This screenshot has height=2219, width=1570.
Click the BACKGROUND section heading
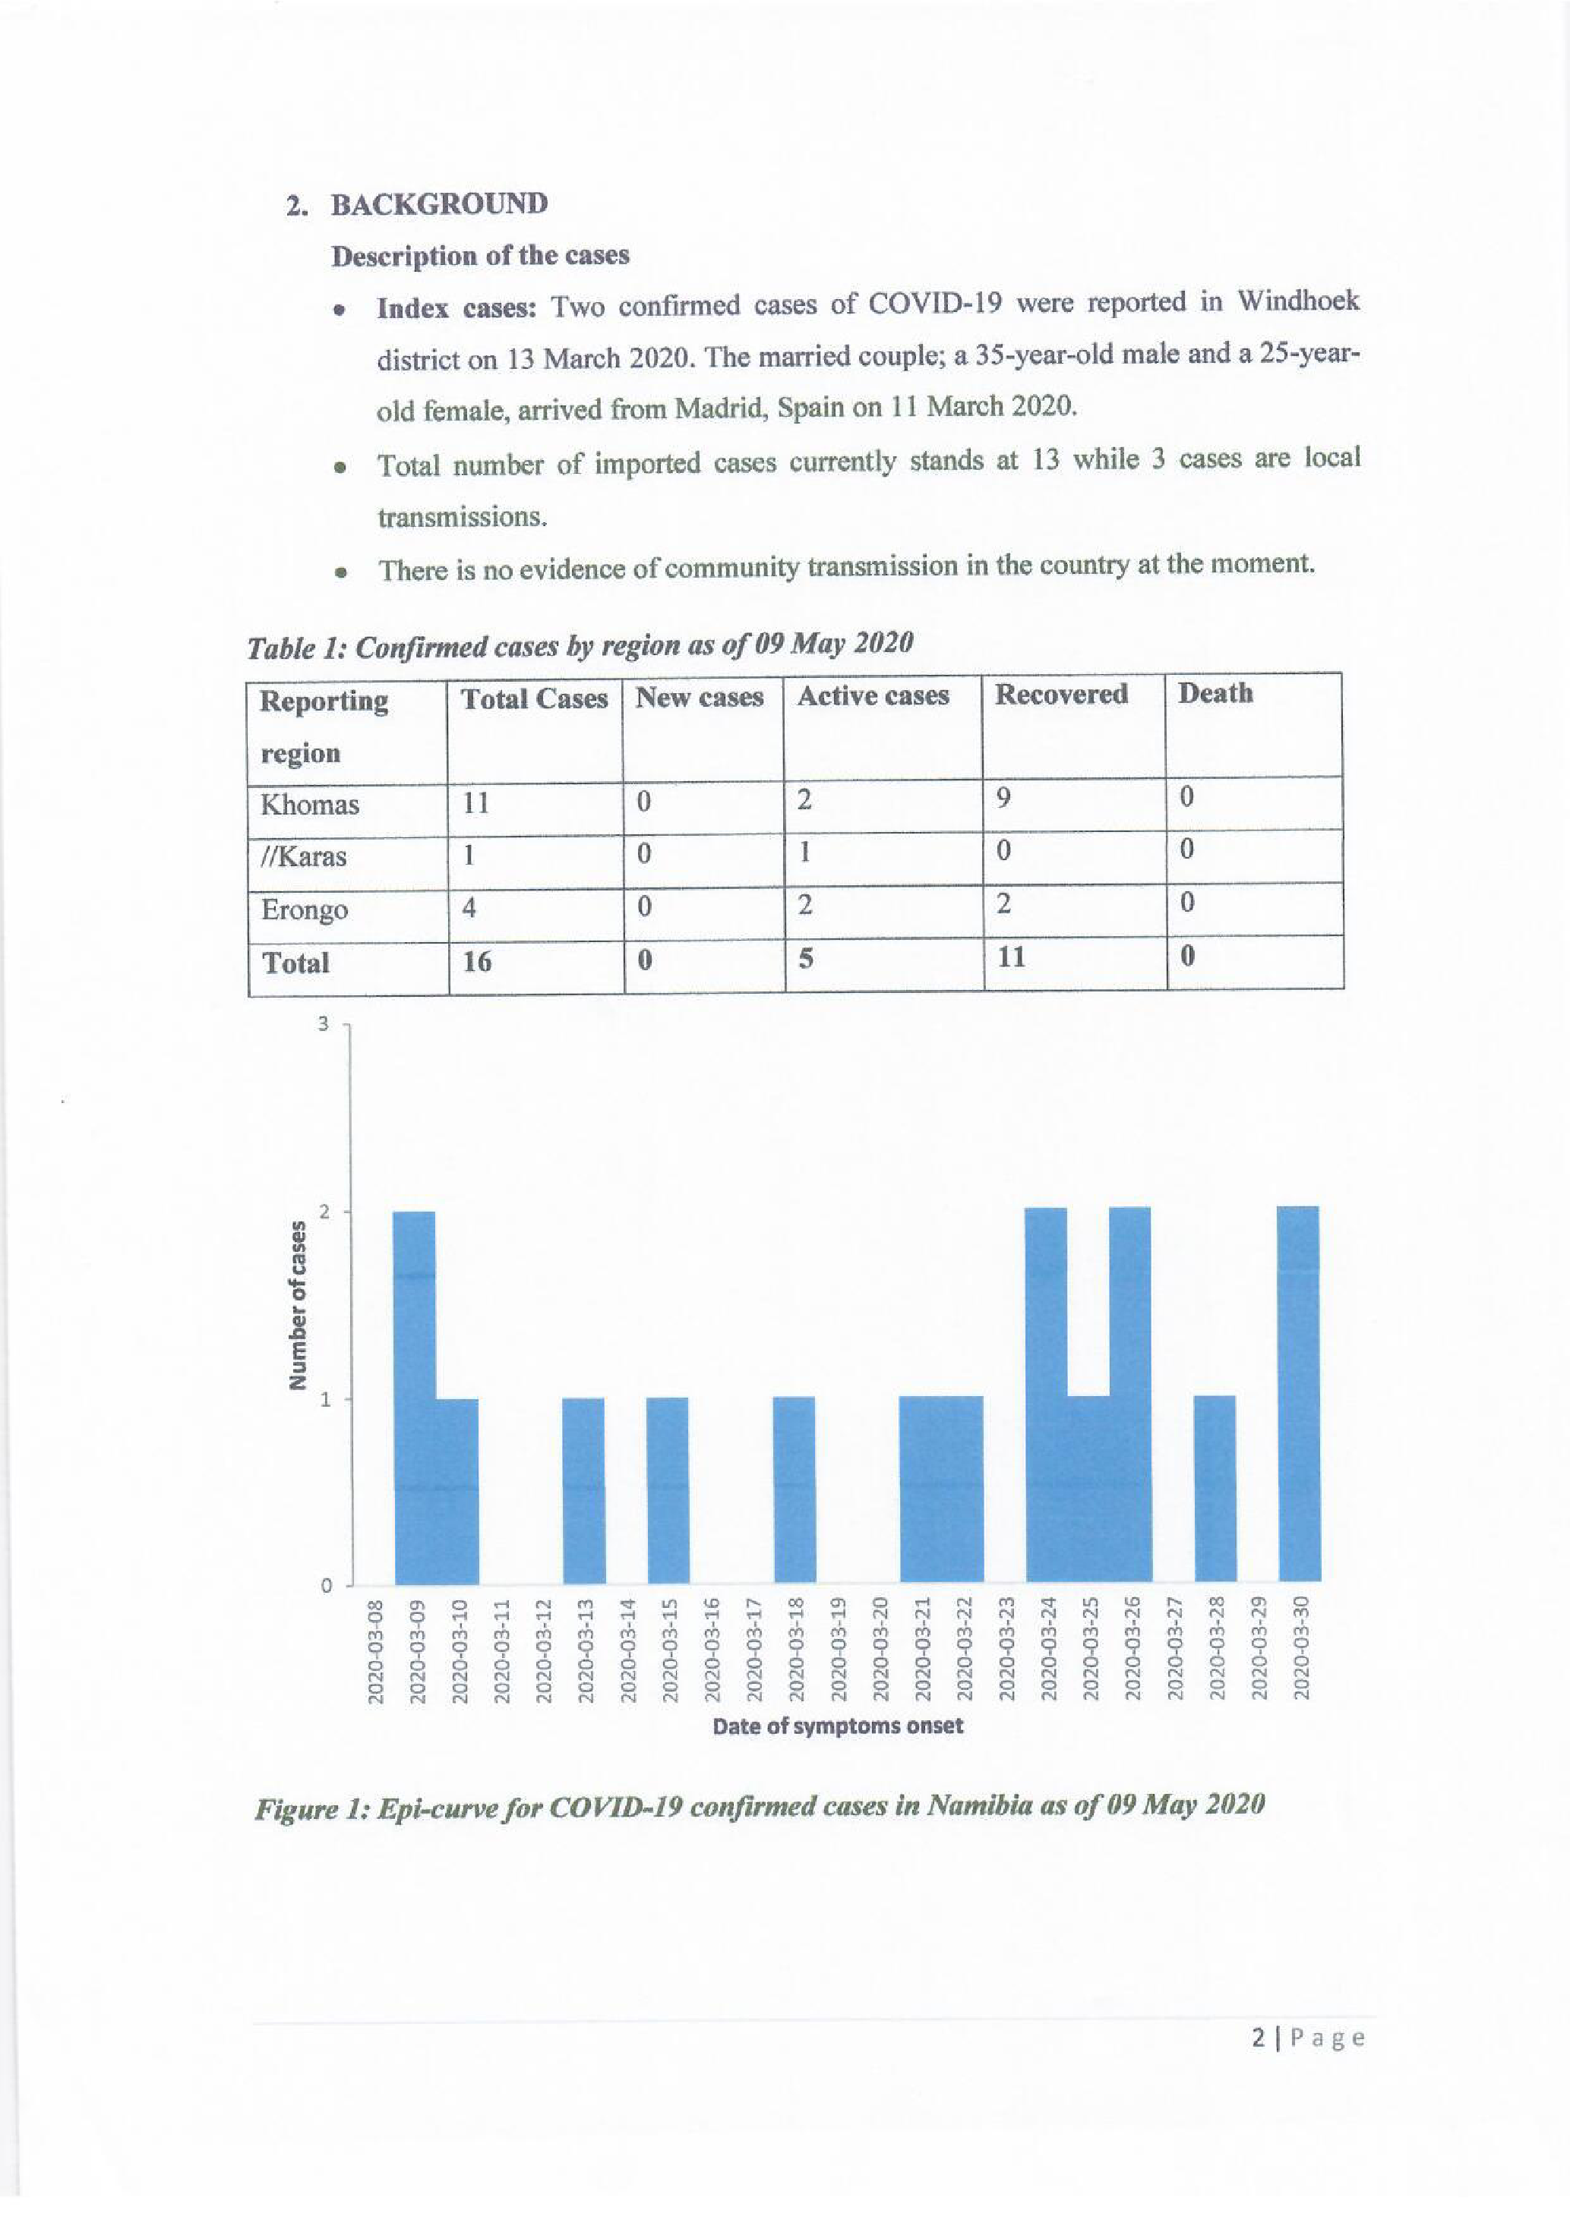pyautogui.click(x=439, y=204)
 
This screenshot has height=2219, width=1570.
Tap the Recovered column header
pyautogui.click(x=1060, y=694)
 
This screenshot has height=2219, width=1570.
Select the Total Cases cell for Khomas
pyautogui.click(x=475, y=803)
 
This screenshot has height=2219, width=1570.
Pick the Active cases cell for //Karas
pyautogui.click(x=804, y=853)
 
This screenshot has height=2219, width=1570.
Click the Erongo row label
pyautogui.click(x=304, y=909)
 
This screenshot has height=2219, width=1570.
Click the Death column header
pyautogui.click(x=1215, y=693)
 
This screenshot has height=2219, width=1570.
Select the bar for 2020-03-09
pyautogui.click(x=415, y=1397)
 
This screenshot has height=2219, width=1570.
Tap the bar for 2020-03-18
pyautogui.click(x=794, y=1489)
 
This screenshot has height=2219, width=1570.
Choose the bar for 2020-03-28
pyautogui.click(x=1215, y=1489)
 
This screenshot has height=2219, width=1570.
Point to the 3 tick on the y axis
pyautogui.click(x=325, y=1023)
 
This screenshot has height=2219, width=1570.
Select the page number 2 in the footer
pyautogui.click(x=1258, y=2038)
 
